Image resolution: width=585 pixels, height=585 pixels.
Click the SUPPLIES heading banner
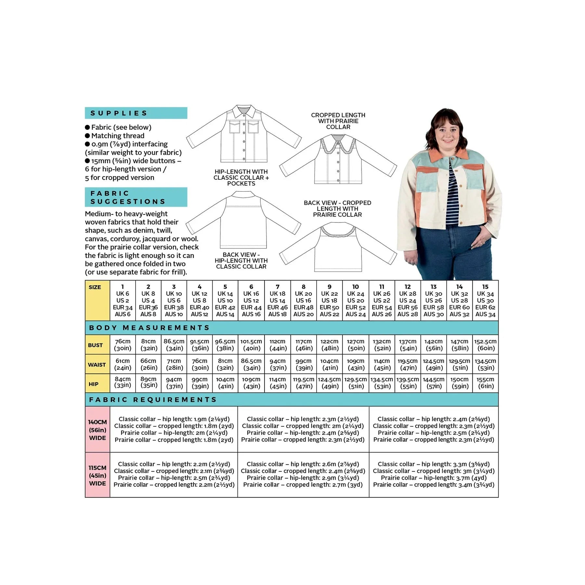click(136, 113)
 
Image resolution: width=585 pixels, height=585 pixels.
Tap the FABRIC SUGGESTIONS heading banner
click(136, 197)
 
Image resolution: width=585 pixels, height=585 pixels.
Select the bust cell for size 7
click(278, 345)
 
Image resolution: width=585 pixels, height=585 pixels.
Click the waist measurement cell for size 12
click(408, 364)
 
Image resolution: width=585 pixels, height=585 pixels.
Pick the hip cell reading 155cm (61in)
click(485, 383)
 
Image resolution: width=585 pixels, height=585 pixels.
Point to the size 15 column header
click(485, 300)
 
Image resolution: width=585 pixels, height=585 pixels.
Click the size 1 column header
click(123, 300)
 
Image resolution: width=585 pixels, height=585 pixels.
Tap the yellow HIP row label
click(97, 384)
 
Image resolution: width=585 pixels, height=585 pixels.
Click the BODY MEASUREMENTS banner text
click(149, 328)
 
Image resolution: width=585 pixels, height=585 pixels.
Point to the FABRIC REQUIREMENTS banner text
click(153, 399)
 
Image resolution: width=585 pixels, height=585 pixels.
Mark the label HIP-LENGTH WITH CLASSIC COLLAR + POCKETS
click(241, 177)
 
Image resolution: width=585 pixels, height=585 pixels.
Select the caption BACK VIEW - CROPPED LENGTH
click(337, 208)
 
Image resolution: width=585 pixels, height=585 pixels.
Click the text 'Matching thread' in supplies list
click(118, 136)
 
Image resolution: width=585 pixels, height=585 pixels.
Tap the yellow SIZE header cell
click(97, 300)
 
